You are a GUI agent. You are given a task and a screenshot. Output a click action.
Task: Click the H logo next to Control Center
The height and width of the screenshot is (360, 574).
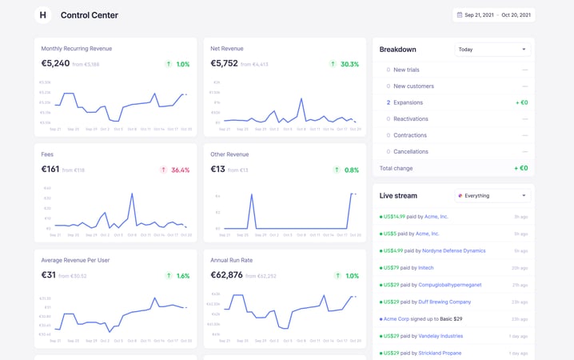pos(43,15)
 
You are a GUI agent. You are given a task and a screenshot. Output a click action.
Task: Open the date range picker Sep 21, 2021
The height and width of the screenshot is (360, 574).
pos(493,15)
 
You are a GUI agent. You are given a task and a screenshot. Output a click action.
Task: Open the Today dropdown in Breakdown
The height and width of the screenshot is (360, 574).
pos(492,50)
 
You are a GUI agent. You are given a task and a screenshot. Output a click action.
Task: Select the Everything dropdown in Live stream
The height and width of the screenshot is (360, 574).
pos(492,195)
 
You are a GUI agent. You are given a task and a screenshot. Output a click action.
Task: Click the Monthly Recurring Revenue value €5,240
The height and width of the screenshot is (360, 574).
pos(55,64)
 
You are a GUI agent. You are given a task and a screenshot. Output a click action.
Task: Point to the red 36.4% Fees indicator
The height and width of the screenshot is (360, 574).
pos(175,170)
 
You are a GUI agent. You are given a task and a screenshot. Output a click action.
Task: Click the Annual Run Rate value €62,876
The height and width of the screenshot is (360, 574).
pos(226,275)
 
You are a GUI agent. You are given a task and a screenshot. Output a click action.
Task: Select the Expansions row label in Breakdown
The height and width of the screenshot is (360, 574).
pos(408,102)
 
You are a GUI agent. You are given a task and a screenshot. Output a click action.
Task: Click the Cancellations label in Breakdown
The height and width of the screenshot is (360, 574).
pos(410,151)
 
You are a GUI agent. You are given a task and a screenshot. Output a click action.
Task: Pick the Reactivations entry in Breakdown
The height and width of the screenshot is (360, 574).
pos(410,119)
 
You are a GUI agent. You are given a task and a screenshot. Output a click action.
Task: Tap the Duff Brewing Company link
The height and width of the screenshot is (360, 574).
pos(444,302)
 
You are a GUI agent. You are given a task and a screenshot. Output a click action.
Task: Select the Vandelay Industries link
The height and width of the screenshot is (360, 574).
pos(440,336)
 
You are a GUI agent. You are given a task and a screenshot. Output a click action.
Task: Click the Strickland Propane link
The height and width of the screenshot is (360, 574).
pos(440,353)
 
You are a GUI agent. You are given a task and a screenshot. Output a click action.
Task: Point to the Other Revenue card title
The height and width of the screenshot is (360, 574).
pos(229,154)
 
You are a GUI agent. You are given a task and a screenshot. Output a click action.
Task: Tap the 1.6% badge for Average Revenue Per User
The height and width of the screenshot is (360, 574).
pos(177,275)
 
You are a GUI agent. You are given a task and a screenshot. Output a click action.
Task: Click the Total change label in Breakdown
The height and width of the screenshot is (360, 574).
pos(397,168)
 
